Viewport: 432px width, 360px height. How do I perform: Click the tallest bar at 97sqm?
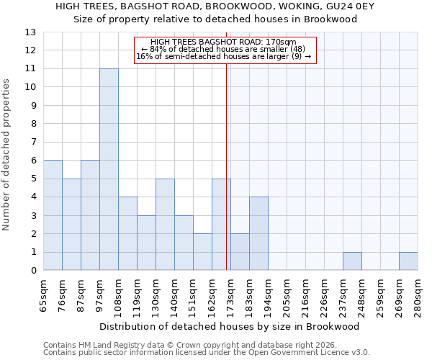click(109, 169)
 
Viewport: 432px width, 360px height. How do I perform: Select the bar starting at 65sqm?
click(53, 215)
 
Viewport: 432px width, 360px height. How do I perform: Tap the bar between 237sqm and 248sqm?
click(352, 261)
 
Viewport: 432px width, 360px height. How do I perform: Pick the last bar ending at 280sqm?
click(408, 261)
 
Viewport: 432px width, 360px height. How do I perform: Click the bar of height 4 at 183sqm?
click(258, 234)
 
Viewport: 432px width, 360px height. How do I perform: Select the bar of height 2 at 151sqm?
click(202, 252)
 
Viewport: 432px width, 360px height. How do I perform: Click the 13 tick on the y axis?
click(30, 32)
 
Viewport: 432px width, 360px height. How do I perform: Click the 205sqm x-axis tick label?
click(287, 295)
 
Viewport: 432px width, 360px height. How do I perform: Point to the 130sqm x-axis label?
click(156, 295)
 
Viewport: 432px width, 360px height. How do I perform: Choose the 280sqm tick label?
click(418, 295)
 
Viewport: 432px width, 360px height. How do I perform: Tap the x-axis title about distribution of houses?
click(230, 326)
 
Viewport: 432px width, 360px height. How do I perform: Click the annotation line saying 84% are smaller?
click(223, 49)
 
